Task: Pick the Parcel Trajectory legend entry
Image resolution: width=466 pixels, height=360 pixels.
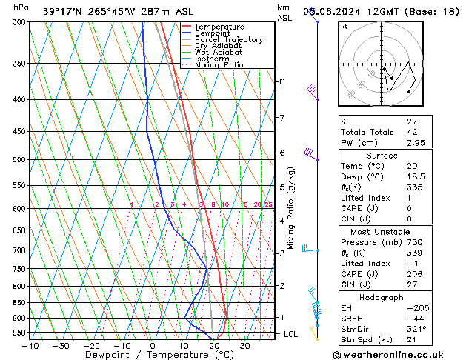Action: (x=228, y=40)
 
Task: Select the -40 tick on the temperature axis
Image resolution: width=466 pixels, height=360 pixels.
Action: (x=30, y=345)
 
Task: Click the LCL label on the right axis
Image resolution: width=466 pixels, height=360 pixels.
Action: (x=291, y=334)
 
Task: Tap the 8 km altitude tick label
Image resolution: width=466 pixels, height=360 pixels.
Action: (x=282, y=81)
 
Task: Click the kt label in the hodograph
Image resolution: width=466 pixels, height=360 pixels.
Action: (x=344, y=26)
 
